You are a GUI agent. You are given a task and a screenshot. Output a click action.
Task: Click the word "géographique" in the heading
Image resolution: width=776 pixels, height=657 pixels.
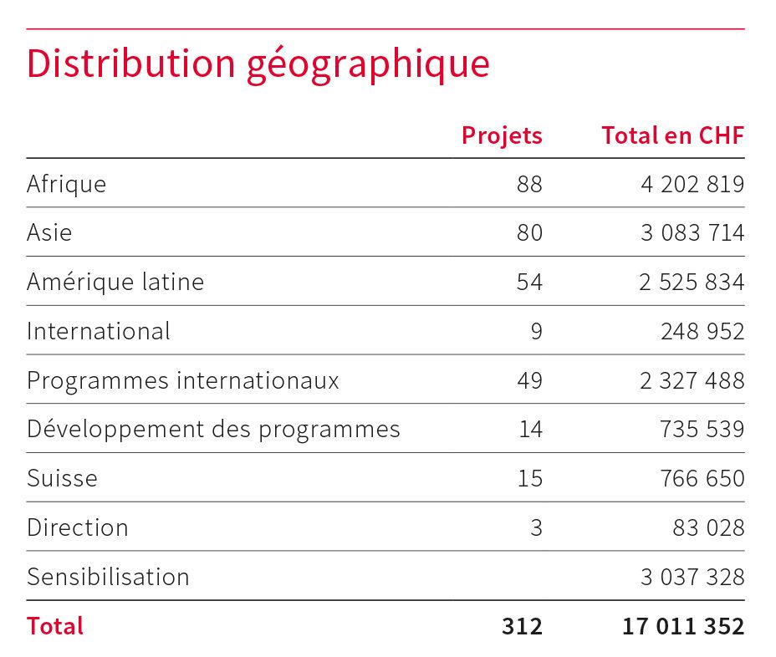click(368, 65)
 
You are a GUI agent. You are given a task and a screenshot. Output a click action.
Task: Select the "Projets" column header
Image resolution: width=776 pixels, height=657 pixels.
click(502, 135)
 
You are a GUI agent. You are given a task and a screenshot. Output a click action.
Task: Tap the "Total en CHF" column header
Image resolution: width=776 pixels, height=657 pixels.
click(672, 135)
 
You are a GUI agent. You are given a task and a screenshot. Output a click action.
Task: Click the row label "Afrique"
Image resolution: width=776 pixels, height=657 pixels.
click(66, 184)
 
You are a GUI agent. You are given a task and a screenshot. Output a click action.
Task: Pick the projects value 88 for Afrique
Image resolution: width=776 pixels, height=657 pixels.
click(529, 184)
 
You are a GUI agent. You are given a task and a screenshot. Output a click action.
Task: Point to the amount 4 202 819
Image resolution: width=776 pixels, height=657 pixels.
click(692, 184)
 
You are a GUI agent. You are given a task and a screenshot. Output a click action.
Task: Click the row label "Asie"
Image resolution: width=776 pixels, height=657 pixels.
click(49, 232)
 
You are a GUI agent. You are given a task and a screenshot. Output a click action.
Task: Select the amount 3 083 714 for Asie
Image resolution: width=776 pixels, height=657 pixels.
click(692, 232)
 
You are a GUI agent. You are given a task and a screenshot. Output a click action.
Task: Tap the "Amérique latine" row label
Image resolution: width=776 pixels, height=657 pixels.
click(115, 282)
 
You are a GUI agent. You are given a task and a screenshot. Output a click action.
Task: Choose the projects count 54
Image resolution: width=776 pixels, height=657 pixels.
click(529, 282)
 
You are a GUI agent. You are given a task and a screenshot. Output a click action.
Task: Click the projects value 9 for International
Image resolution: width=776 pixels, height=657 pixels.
click(536, 331)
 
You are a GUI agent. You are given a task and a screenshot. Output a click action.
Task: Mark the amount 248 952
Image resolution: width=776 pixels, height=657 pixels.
click(702, 331)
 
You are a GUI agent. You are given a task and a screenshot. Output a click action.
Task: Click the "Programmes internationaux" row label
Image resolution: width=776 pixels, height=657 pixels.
click(183, 380)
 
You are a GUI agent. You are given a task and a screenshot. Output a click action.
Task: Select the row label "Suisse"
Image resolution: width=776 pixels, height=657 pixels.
click(62, 478)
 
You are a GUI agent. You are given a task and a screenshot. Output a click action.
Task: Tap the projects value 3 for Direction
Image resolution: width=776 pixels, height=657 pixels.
click(536, 527)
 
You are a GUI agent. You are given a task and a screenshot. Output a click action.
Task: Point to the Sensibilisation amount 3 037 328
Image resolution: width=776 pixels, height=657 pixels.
click(692, 577)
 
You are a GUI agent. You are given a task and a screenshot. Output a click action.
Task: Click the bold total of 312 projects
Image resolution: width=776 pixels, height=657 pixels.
click(523, 626)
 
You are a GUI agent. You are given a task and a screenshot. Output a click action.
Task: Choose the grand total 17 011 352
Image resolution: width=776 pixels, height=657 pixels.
click(683, 626)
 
